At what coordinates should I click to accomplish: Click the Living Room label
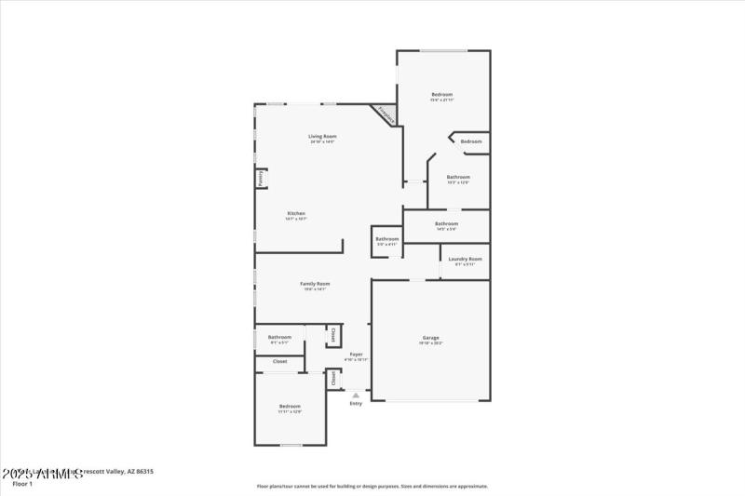(x=322, y=136)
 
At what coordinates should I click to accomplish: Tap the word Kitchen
(x=296, y=213)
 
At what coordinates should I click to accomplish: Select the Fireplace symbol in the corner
(x=386, y=114)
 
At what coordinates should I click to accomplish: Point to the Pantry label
(x=262, y=179)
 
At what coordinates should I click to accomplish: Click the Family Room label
(x=315, y=283)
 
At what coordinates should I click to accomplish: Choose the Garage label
(x=431, y=337)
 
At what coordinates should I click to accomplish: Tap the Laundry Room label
(x=465, y=258)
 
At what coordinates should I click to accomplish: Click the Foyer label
(x=356, y=354)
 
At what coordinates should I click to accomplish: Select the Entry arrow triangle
(x=355, y=395)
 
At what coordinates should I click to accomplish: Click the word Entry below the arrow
(x=356, y=403)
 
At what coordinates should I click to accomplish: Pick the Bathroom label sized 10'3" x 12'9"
(x=458, y=177)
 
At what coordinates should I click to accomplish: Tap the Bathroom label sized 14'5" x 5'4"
(x=446, y=223)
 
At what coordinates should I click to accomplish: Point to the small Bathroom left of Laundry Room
(x=387, y=239)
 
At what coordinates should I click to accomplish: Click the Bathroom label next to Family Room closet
(x=280, y=337)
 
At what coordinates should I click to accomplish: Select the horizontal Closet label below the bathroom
(x=279, y=361)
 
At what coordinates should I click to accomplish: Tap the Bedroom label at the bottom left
(x=290, y=406)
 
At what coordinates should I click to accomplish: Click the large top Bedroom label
(x=441, y=94)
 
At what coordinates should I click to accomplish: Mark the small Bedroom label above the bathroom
(x=471, y=141)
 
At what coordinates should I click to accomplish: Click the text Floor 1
(x=21, y=484)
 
